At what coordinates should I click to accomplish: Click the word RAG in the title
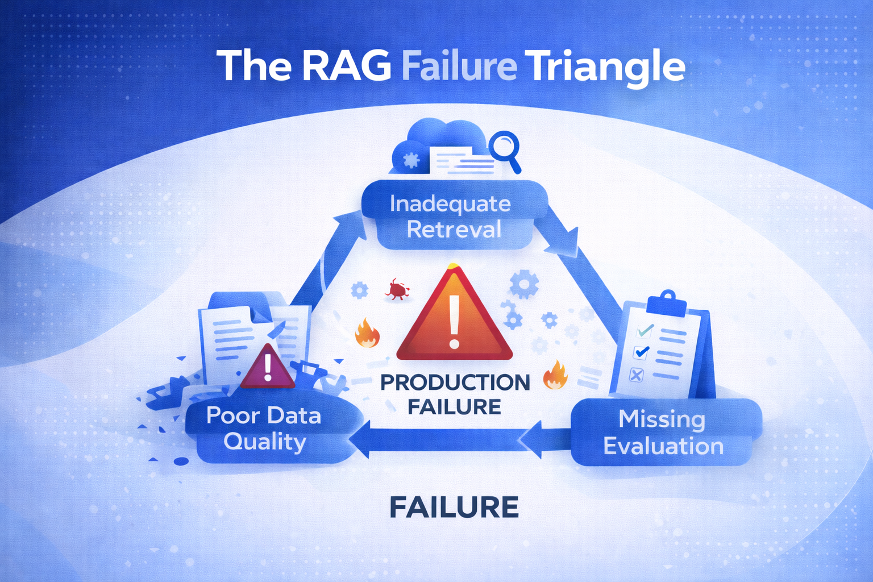(x=346, y=66)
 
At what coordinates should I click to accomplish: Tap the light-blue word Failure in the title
(x=459, y=66)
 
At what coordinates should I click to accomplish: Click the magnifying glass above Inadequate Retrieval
(x=505, y=148)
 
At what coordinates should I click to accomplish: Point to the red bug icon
(x=397, y=290)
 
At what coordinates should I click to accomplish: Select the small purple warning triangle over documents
(x=268, y=368)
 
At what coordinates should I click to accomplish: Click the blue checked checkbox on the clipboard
(x=642, y=352)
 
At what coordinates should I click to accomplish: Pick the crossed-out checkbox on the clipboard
(x=637, y=375)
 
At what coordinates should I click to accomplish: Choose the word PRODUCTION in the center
(x=455, y=383)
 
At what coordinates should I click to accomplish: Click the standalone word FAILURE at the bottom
(x=454, y=508)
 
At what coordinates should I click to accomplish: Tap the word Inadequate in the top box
(x=450, y=204)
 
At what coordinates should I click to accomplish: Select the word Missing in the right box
(x=662, y=419)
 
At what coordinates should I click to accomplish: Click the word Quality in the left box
(x=265, y=442)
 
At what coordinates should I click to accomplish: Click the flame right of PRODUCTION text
(x=555, y=375)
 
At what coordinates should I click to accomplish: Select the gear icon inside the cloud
(x=410, y=160)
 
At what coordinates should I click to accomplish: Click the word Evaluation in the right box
(x=663, y=446)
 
